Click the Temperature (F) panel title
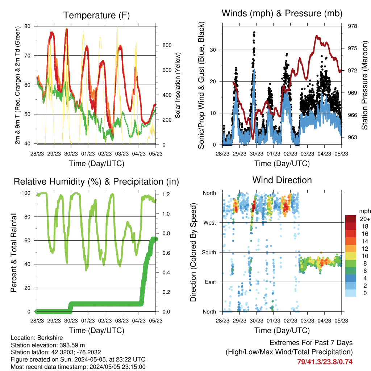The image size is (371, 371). (96, 15)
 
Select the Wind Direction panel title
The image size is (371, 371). (282, 180)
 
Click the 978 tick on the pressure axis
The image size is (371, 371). (352, 26)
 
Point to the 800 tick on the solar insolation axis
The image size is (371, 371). (167, 45)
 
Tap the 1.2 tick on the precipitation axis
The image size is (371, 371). (166, 194)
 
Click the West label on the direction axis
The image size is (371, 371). (210, 223)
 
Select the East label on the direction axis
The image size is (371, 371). (210, 282)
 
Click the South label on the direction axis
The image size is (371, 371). (209, 253)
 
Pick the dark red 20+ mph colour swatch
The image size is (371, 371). (351, 219)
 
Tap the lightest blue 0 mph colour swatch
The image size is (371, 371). (351, 293)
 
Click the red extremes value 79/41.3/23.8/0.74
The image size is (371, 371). (325, 362)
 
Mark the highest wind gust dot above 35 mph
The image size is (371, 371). (254, 32)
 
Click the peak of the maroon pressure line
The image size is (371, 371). (317, 36)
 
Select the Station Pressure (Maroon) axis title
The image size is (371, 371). (364, 85)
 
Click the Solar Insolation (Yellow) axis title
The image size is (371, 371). (178, 85)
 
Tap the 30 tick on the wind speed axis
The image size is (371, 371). (213, 50)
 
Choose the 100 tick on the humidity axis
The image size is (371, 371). (26, 193)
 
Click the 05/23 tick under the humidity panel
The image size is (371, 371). (156, 321)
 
